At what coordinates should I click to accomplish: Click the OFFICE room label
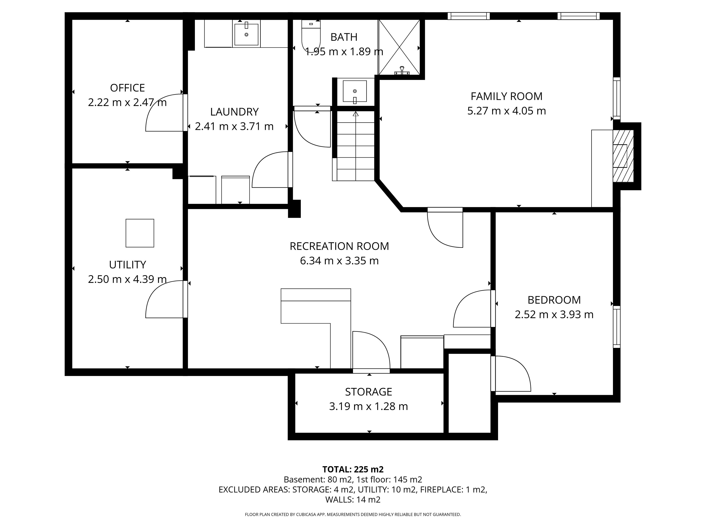pyautogui.click(x=127, y=88)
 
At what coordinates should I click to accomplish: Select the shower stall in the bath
pyautogui.click(x=399, y=47)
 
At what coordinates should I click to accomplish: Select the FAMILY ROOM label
pyautogui.click(x=507, y=96)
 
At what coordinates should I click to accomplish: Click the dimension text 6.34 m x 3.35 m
pyautogui.click(x=339, y=261)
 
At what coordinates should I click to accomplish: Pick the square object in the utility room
pyautogui.click(x=140, y=233)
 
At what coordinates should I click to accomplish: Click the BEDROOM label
pyautogui.click(x=554, y=300)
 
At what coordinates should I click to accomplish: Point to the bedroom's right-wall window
pyautogui.click(x=617, y=327)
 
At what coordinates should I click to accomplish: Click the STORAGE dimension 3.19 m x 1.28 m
pyautogui.click(x=369, y=406)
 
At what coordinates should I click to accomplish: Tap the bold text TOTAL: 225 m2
pyautogui.click(x=353, y=469)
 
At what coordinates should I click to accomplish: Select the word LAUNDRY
pyautogui.click(x=234, y=112)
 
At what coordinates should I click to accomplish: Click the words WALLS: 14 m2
pyautogui.click(x=353, y=500)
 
